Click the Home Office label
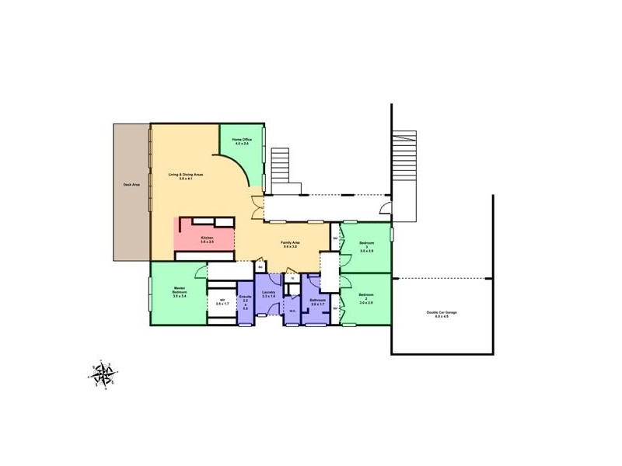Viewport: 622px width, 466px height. coord(242,142)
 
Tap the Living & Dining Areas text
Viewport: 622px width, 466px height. coord(186,176)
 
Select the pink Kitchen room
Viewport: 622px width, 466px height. coord(207,240)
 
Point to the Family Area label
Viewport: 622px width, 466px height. coord(291,245)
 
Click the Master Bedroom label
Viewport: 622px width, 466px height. coord(180,293)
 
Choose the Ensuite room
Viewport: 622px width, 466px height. coord(245,302)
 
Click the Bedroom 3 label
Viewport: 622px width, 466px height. coord(366,247)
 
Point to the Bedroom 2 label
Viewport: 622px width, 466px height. coord(366,298)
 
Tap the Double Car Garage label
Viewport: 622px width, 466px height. coord(442,315)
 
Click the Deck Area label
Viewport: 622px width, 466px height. coord(131,185)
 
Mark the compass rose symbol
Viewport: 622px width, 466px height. coord(102,374)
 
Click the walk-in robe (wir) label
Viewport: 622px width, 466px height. coord(222,302)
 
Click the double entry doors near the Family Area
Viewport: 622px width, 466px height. coord(257,208)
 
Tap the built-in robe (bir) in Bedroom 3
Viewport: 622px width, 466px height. coord(335,237)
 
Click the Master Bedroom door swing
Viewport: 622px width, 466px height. coord(201,272)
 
